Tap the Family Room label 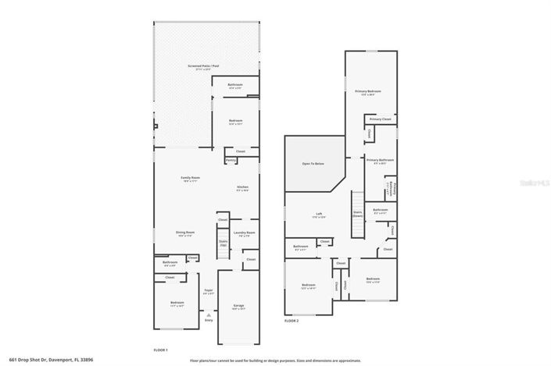click(x=191, y=179)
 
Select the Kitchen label click(x=243, y=187)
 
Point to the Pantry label click(x=231, y=160)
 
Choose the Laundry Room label click(x=245, y=233)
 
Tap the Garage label click(x=239, y=306)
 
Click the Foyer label click(x=209, y=291)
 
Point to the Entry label click(x=209, y=320)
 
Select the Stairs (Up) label click(x=223, y=243)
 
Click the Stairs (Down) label click(x=358, y=212)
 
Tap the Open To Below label click(x=313, y=164)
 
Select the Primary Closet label click(x=381, y=119)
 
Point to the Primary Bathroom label click(x=380, y=160)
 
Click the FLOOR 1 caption click(x=161, y=350)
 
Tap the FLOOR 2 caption click(x=292, y=321)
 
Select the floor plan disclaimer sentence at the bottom click(x=275, y=361)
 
